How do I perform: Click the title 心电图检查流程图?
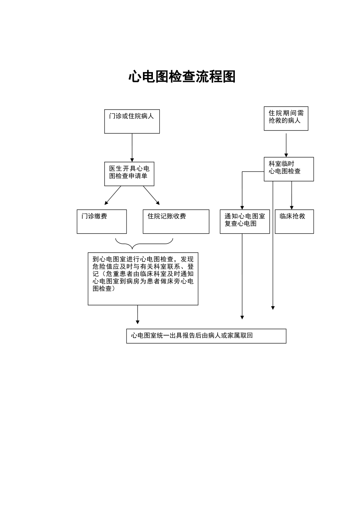(x=182, y=77)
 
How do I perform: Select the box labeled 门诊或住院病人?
(x=132, y=121)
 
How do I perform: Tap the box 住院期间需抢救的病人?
(x=286, y=118)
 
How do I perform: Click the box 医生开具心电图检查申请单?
(x=129, y=174)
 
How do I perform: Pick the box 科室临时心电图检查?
(x=289, y=169)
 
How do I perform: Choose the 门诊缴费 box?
(x=102, y=221)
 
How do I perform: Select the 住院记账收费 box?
(x=176, y=221)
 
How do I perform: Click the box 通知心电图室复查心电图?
(x=245, y=221)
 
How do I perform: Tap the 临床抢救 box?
(x=294, y=221)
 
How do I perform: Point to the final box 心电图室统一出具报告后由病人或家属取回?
(x=206, y=336)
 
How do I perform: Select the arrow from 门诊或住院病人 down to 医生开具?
(x=132, y=148)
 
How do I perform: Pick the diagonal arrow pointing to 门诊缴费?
(x=112, y=196)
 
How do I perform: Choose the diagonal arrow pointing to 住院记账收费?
(x=152, y=196)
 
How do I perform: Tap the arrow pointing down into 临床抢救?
(x=292, y=195)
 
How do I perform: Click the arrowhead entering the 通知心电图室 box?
(x=242, y=207)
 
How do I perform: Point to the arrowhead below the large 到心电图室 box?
(x=138, y=321)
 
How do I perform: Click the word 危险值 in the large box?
(x=102, y=266)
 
